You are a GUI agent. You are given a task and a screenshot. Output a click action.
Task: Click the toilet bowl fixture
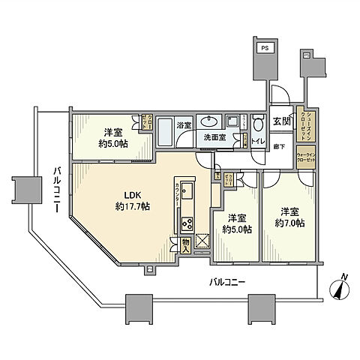(x=258, y=124)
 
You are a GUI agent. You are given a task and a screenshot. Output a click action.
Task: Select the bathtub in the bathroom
(x=163, y=132)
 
